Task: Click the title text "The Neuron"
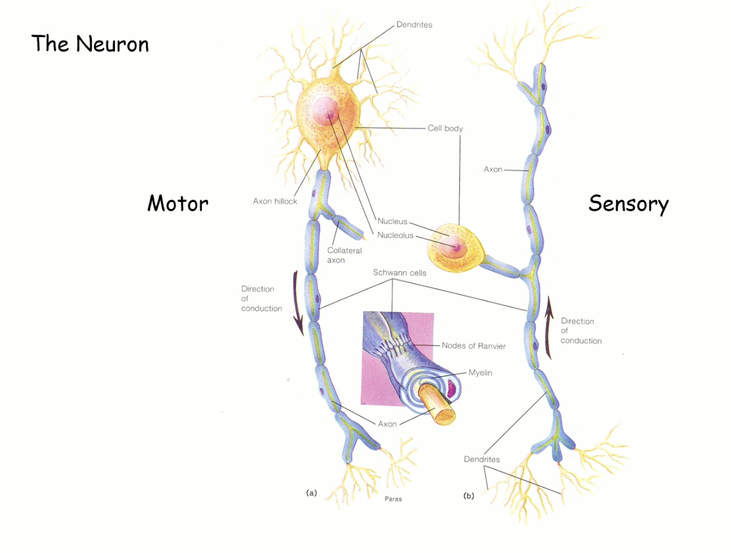click(x=90, y=44)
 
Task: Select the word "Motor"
click(x=177, y=204)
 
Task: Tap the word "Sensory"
click(x=628, y=204)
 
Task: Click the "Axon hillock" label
click(x=275, y=201)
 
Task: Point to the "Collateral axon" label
click(x=344, y=255)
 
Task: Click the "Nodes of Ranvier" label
click(x=473, y=346)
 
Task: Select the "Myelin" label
click(x=480, y=373)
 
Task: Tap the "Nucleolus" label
click(x=395, y=235)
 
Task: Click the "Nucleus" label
click(x=392, y=222)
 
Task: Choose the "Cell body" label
click(x=445, y=128)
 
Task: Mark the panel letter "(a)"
click(x=311, y=493)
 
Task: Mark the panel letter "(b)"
click(x=468, y=495)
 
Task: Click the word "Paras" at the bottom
click(x=393, y=499)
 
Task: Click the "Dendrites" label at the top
click(x=414, y=25)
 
